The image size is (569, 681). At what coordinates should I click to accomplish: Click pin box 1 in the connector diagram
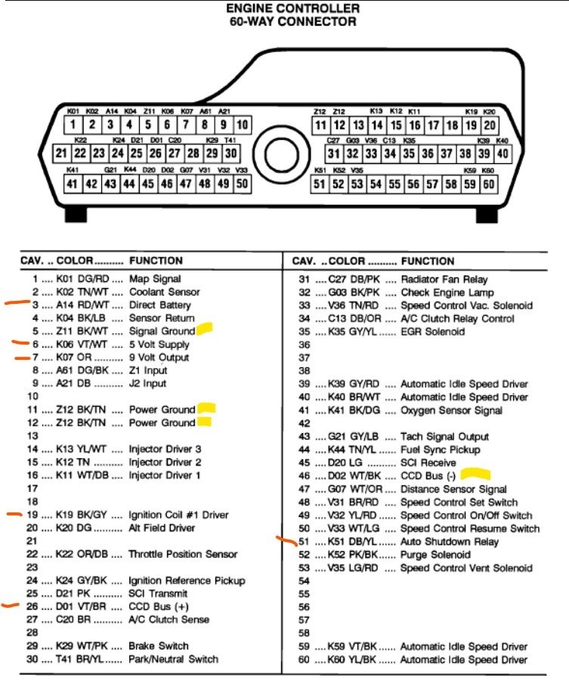(x=73, y=125)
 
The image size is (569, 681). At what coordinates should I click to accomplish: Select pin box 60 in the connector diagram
(x=488, y=184)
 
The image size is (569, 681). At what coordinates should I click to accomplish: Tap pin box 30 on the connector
(x=230, y=153)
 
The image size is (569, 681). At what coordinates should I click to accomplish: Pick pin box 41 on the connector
(x=73, y=184)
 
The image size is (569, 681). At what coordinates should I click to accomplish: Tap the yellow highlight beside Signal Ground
(x=205, y=330)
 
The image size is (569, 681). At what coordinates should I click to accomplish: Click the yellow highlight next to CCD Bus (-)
(x=476, y=475)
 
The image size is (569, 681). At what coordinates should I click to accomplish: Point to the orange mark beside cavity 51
(x=286, y=540)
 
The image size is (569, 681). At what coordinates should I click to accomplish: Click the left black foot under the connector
(x=76, y=215)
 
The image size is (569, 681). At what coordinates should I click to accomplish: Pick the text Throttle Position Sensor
(x=183, y=554)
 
